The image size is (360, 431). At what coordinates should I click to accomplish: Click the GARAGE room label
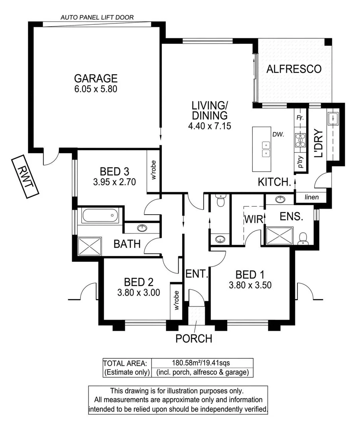click(x=96, y=78)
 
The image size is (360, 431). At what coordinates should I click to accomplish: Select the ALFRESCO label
click(x=293, y=69)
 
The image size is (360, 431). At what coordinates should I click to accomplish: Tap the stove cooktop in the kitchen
click(x=300, y=140)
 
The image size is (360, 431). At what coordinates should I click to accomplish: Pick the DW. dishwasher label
click(x=278, y=135)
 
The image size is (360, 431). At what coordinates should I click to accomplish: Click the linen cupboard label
click(x=312, y=197)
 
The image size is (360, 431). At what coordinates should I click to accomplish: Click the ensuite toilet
click(x=304, y=238)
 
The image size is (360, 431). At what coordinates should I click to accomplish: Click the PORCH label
click(x=194, y=339)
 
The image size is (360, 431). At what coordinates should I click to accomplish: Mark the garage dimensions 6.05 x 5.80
click(x=96, y=89)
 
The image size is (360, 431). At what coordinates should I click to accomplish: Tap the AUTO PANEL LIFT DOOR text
click(x=97, y=17)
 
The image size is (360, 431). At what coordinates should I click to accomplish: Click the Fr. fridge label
click(x=299, y=118)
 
